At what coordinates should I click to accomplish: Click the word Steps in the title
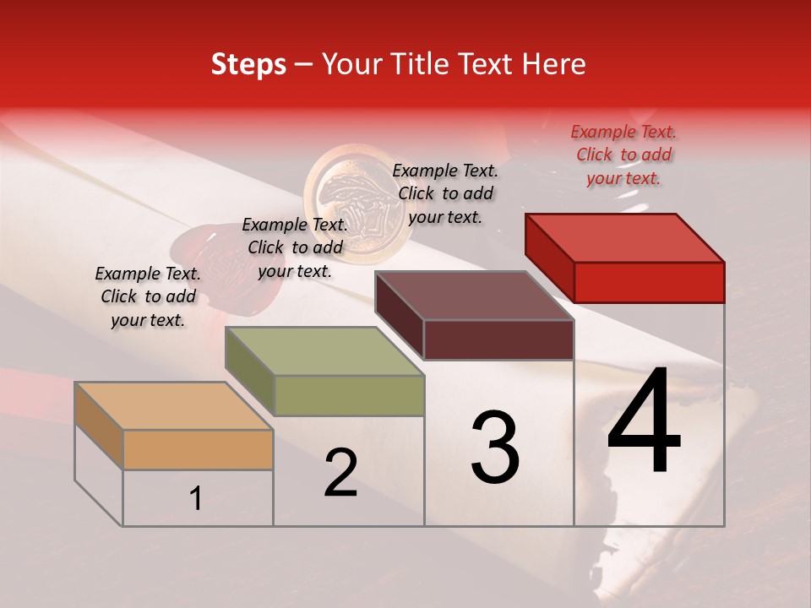point(248,64)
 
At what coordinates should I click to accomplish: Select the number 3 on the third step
point(495,448)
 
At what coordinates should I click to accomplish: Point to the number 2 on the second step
point(340,474)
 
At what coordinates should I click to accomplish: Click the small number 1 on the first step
point(196,499)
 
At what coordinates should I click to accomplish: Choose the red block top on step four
point(625,238)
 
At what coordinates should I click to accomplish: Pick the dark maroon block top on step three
point(475,296)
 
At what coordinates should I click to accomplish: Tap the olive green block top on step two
point(325,351)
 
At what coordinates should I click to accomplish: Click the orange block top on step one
point(174,406)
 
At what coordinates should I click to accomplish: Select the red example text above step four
point(623,155)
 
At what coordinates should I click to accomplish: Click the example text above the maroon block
point(445,193)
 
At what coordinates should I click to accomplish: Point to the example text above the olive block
point(295,247)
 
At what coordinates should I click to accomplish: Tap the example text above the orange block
point(148,296)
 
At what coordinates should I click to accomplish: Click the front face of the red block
point(649,282)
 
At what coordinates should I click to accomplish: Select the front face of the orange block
point(198,449)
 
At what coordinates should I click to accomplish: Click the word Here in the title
point(555,64)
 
